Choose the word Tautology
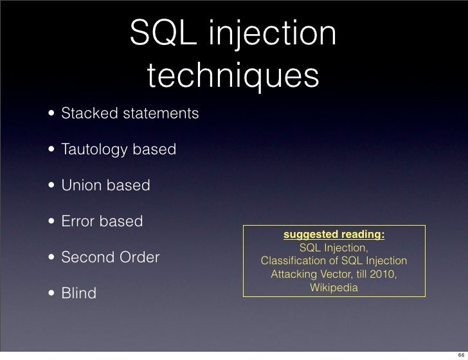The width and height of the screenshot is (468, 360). (x=94, y=150)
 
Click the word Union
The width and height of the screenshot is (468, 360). (x=80, y=186)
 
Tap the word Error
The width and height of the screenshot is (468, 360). (x=78, y=222)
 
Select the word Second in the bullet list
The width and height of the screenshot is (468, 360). (x=87, y=258)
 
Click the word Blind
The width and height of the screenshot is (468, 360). (x=78, y=294)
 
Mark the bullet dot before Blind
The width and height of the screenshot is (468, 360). (x=50, y=294)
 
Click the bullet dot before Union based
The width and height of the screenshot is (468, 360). (x=50, y=187)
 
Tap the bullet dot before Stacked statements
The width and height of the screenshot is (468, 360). (x=50, y=115)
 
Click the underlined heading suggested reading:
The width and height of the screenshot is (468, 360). (x=334, y=235)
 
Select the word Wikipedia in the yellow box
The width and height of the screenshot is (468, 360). (x=334, y=287)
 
